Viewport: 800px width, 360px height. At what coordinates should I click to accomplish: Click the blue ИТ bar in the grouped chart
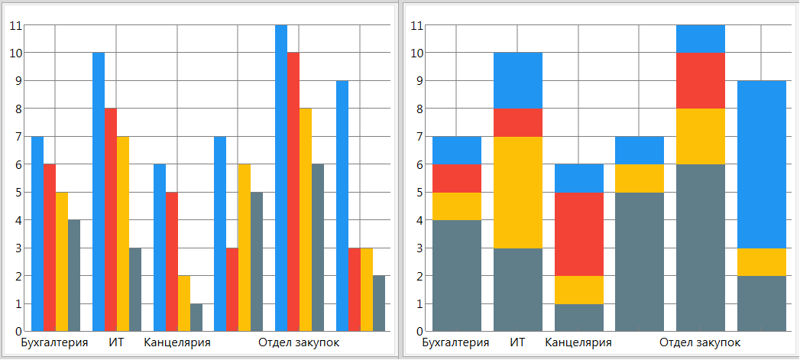pyautogui.click(x=99, y=191)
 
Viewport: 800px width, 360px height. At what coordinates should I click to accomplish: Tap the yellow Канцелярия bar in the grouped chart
pyautogui.click(x=184, y=303)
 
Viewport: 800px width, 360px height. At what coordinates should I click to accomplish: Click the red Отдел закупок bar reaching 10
pyautogui.click(x=293, y=191)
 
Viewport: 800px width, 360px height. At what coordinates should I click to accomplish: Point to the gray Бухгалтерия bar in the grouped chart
pyautogui.click(x=74, y=275)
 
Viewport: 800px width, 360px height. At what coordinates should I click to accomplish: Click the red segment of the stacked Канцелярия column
pyautogui.click(x=579, y=233)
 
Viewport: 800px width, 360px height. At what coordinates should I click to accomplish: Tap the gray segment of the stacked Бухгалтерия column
pyautogui.click(x=457, y=275)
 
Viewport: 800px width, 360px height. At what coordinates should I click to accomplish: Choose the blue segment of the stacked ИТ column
pyautogui.click(x=518, y=80)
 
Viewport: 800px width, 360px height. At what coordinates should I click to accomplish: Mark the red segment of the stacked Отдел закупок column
pyautogui.click(x=701, y=80)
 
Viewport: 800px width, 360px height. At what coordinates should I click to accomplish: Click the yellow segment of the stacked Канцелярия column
pyautogui.click(x=579, y=289)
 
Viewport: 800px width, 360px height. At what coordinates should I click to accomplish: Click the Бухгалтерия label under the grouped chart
pyautogui.click(x=54, y=342)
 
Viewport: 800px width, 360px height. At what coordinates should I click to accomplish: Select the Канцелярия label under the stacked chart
pyautogui.click(x=578, y=342)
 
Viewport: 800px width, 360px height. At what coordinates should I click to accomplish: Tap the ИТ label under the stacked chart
pyautogui.click(x=517, y=342)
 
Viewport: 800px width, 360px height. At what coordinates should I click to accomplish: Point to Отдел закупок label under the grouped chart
pyautogui.click(x=299, y=342)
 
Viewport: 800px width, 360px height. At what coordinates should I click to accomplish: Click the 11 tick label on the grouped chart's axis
pyautogui.click(x=15, y=25)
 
